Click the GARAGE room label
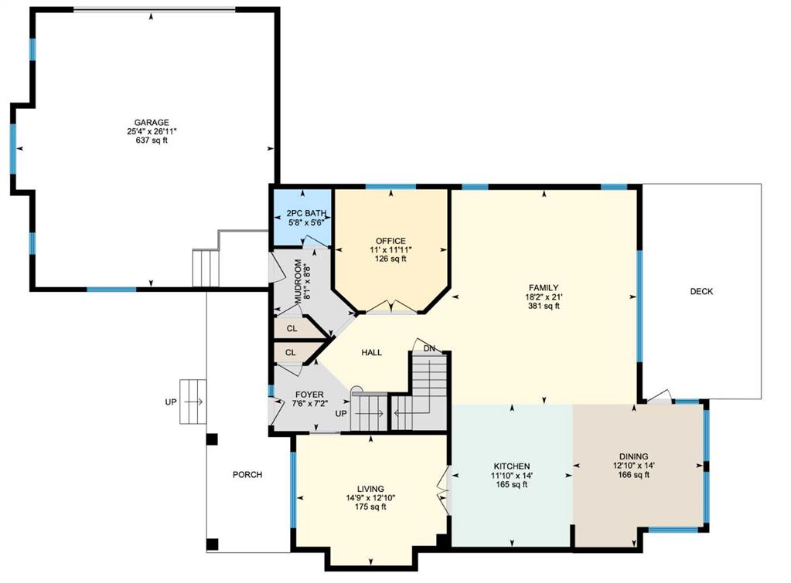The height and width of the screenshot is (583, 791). click(x=152, y=123)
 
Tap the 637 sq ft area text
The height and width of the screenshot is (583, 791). click(x=152, y=141)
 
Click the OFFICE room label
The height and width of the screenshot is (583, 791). click(x=390, y=241)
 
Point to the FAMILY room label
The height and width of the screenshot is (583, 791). click(x=544, y=288)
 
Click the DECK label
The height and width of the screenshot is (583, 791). click(x=701, y=291)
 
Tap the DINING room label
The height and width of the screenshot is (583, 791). click(x=633, y=456)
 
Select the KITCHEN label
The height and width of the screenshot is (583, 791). click(x=512, y=466)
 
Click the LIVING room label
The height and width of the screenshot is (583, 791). click(x=370, y=489)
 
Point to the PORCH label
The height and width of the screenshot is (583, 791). click(x=247, y=475)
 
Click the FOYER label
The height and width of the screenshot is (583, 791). click(x=309, y=395)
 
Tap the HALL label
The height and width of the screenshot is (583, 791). click(x=371, y=353)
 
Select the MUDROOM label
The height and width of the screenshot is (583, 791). click(x=298, y=281)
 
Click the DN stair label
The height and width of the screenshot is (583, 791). click(x=429, y=348)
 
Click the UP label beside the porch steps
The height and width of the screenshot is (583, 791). click(x=171, y=402)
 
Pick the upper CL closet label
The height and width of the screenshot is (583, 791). click(x=292, y=328)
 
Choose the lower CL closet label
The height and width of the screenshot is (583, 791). click(x=290, y=353)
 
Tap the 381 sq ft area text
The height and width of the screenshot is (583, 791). click(x=544, y=306)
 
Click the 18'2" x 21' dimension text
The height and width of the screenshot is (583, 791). click(x=544, y=297)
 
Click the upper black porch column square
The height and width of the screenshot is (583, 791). click(x=212, y=439)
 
